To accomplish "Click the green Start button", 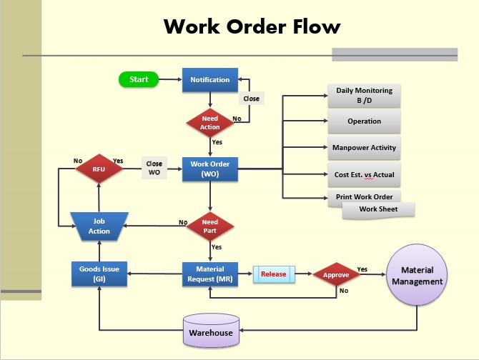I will pos(139,79).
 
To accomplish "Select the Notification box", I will pos(209,80).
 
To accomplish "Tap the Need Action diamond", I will pos(209,122).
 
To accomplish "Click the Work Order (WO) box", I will pos(209,169).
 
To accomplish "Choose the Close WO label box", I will pos(154,168).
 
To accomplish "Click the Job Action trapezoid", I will pos(99,226).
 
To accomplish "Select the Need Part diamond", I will pos(209,226).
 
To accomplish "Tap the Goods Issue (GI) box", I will pos(99,274).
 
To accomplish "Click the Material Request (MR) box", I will pos(209,274).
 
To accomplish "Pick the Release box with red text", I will pos(273,274).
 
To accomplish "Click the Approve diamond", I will pos(335,274).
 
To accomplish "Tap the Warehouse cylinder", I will pos(210,329).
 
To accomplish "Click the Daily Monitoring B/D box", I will pos(364,96).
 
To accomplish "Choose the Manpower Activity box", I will pos(364,148).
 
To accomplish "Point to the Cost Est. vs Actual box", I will pos(364,174).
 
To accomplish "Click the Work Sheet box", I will pos(378,209).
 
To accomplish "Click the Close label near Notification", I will pos(251,99).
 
